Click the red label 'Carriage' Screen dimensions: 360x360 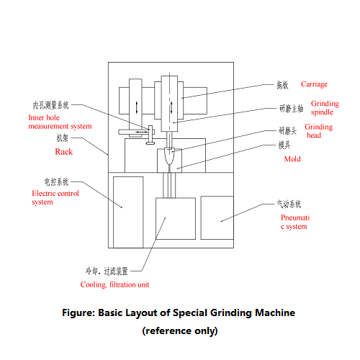click(x=314, y=84)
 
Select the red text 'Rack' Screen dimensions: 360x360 click(x=64, y=152)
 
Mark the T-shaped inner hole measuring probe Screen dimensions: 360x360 click(x=153, y=134)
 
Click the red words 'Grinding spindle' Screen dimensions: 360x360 click(x=324, y=108)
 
